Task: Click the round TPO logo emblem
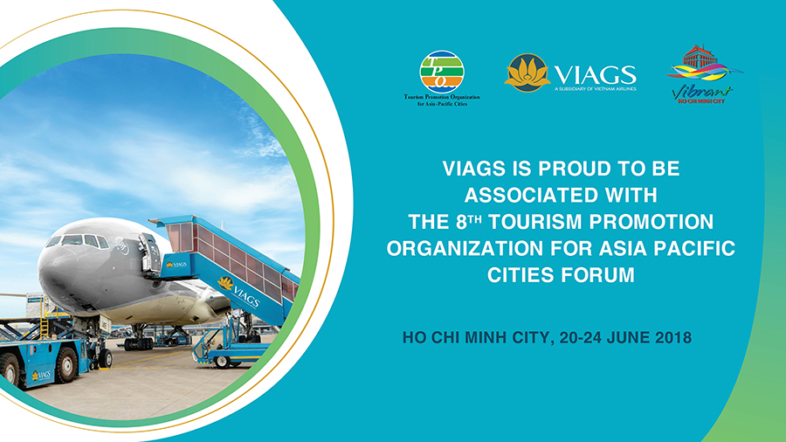442,73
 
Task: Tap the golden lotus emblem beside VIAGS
527,73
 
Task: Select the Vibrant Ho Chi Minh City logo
704,74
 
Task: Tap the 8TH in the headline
469,222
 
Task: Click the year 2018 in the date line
673,337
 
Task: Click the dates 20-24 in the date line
581,337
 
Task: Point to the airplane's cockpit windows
78,241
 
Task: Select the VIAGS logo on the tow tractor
41,375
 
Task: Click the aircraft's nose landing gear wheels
138,343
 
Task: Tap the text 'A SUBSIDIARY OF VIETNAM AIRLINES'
595,89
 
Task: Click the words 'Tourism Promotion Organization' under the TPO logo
442,97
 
